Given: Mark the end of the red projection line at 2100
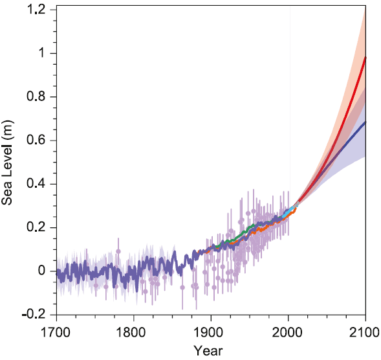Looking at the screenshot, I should [365, 58].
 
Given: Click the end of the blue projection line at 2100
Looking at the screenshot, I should [365, 122].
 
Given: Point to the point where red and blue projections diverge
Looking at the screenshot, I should [299, 204].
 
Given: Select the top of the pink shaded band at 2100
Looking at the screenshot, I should [365, 11].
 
